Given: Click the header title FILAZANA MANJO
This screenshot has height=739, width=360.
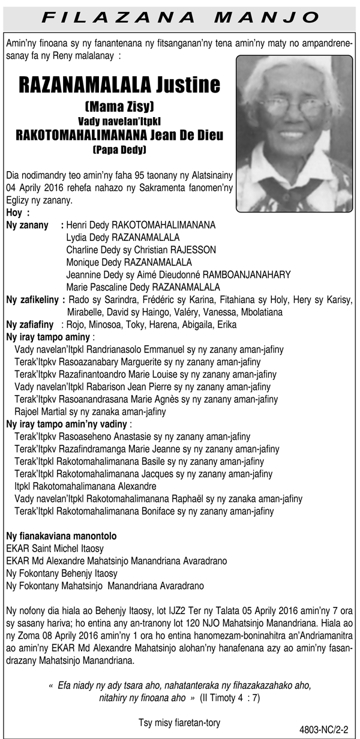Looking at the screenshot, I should click(x=180, y=15).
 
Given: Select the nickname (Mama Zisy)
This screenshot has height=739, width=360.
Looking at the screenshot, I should click(x=119, y=107).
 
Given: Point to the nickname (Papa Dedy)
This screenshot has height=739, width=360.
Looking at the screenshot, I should click(x=119, y=148).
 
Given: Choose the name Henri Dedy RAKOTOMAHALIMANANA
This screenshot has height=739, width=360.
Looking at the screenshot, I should click(x=140, y=226).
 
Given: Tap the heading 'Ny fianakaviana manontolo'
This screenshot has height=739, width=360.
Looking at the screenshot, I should click(x=61, y=535).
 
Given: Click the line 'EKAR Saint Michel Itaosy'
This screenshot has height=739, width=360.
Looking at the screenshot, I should click(x=55, y=548).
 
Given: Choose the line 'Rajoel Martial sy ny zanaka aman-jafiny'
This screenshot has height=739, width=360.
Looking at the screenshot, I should click(x=90, y=412).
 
